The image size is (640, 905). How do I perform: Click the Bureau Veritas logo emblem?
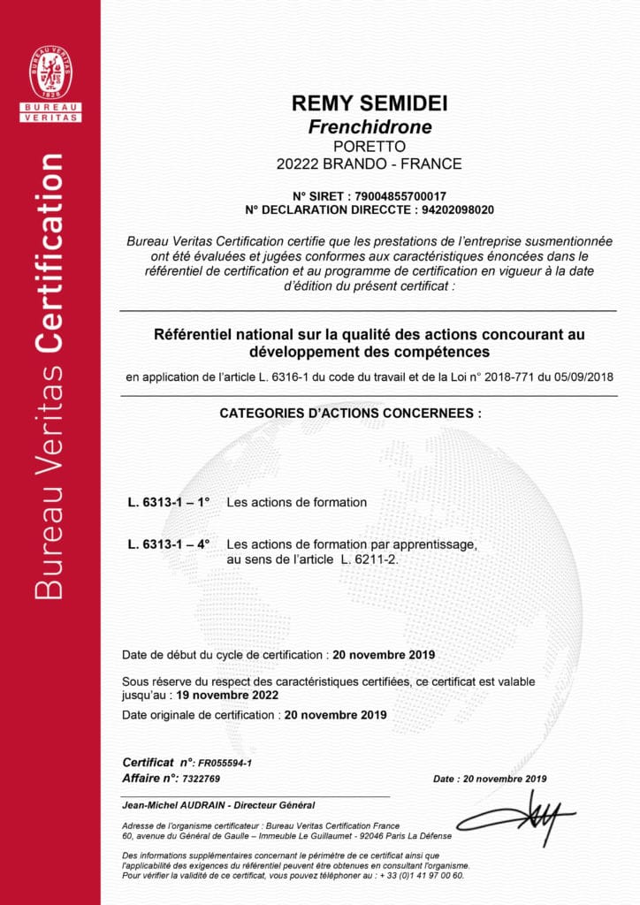coord(50,73)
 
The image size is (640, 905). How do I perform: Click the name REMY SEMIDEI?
coord(369,103)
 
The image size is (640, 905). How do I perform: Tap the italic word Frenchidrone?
coord(370,126)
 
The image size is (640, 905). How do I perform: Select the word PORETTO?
coord(369,146)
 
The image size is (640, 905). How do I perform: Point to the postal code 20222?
coord(297,164)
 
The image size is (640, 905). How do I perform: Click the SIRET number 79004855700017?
coord(399,195)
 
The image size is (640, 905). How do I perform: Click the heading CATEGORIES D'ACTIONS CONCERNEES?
coord(351,413)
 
